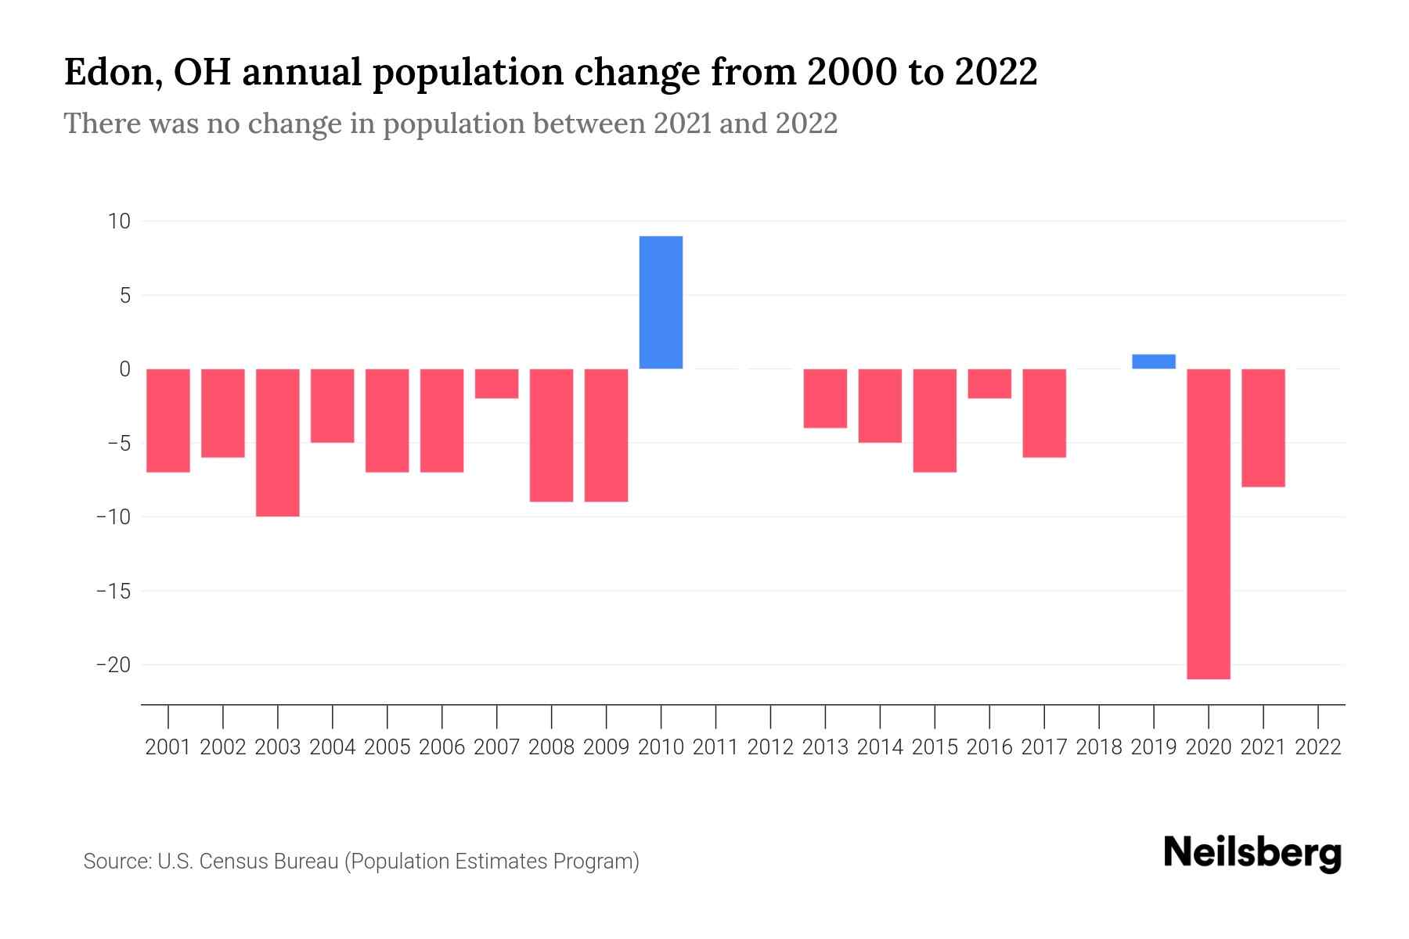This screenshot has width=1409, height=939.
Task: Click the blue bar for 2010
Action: [661, 302]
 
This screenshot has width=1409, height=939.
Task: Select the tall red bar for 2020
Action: [1208, 523]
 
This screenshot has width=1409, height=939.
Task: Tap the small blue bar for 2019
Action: [1153, 362]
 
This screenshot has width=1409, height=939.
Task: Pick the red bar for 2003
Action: [278, 442]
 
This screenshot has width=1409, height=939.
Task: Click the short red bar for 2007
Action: [496, 383]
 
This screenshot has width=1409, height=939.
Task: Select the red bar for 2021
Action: [1263, 427]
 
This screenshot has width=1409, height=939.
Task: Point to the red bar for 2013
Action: [825, 398]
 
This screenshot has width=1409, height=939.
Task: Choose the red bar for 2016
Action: [989, 383]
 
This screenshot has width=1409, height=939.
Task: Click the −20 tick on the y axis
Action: [114, 665]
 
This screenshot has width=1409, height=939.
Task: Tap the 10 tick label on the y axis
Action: [119, 221]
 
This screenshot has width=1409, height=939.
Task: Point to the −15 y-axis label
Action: [114, 591]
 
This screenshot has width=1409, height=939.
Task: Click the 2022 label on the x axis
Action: [1318, 747]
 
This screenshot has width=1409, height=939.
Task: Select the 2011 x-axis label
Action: [715, 747]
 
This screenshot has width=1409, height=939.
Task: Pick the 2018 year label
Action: [1099, 747]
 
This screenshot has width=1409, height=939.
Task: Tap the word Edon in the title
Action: [107, 72]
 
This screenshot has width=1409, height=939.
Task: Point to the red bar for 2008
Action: [551, 435]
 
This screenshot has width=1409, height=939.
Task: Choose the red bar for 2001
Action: [168, 420]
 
